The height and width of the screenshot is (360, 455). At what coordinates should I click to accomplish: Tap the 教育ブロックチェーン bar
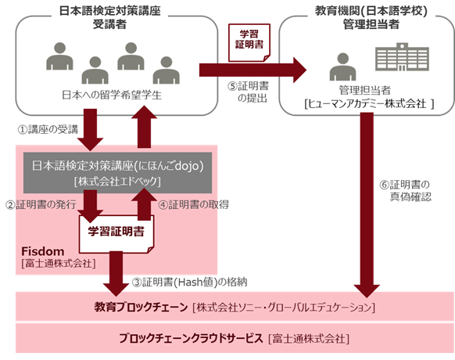point(235,304)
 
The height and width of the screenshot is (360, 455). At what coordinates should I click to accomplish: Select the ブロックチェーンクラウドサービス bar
point(235,338)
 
